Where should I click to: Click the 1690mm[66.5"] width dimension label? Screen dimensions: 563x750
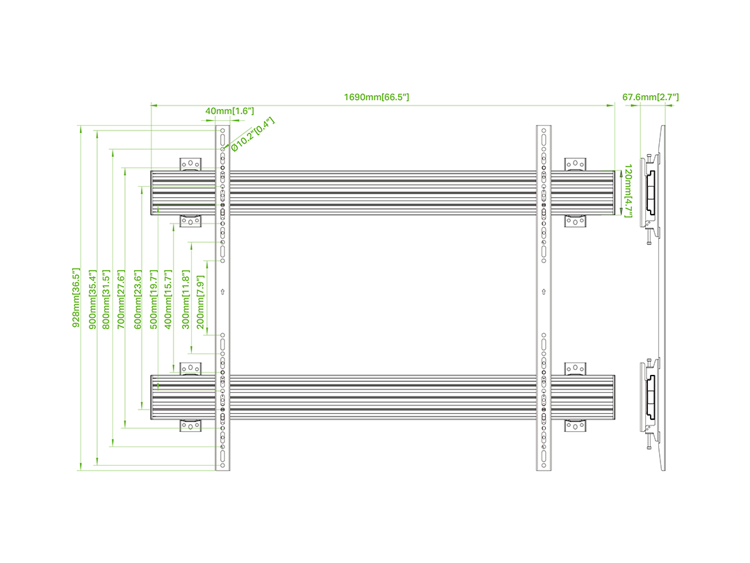tap(376, 97)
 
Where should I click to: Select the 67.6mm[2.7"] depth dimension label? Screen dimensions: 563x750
tap(650, 97)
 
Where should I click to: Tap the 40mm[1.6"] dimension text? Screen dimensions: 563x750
tap(229, 111)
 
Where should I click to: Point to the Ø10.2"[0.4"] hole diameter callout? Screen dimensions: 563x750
tap(253, 134)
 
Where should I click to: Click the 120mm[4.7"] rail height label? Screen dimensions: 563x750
tap(628, 192)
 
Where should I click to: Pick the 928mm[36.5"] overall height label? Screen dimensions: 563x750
tap(76, 298)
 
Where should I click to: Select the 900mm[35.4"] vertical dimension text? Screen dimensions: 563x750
tap(92, 298)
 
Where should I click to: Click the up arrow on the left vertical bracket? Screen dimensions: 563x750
tap(222, 292)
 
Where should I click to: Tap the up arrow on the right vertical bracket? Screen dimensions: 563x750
tap(542, 292)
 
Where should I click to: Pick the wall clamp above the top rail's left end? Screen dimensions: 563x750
tap(190, 164)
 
